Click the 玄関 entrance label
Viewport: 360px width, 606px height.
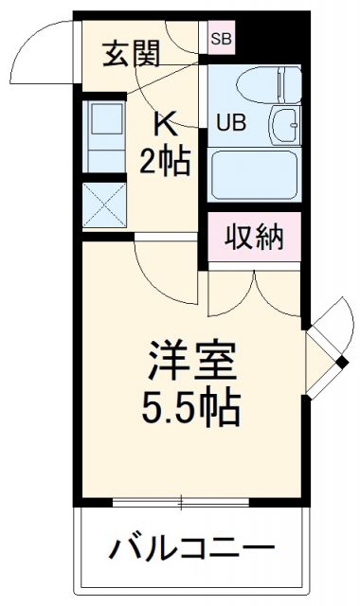130,52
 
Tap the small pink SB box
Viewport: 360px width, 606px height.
222,39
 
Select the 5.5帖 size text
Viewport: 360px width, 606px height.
190,407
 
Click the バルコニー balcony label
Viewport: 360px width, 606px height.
189,547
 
